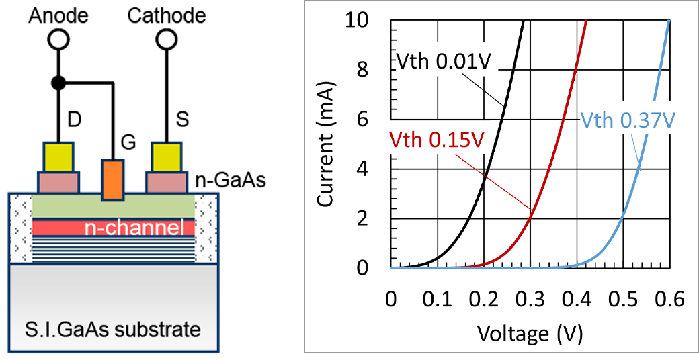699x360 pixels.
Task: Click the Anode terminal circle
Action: [x=58, y=40]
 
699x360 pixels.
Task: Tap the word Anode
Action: [x=58, y=14]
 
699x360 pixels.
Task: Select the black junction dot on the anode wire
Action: [x=58, y=83]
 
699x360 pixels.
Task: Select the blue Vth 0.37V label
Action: [x=626, y=120]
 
